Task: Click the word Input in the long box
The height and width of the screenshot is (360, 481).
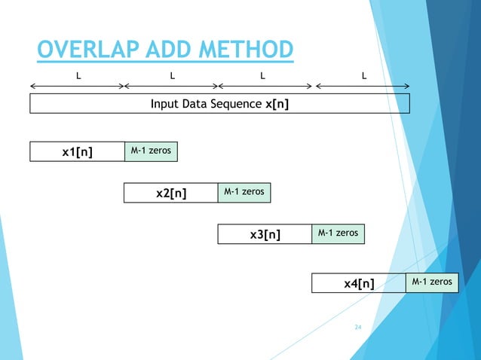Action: pyautogui.click(x=165, y=104)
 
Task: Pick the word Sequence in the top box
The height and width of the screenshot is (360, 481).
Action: pyautogui.click(x=239, y=104)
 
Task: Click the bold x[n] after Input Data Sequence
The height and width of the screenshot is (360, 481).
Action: pyautogui.click(x=277, y=104)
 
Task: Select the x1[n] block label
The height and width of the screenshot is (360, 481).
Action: pyautogui.click(x=77, y=152)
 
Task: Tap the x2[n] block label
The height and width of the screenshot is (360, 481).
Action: pyautogui.click(x=171, y=194)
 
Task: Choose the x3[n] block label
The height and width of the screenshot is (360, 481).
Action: pyautogui.click(x=265, y=235)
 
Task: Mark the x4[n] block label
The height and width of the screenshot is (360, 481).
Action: pyautogui.click(x=359, y=283)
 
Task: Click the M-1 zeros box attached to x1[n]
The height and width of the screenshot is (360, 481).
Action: pyautogui.click(x=151, y=151)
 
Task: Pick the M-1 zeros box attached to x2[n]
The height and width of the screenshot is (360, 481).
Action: pyautogui.click(x=244, y=193)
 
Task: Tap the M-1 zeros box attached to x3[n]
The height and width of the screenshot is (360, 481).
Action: pyautogui.click(x=338, y=234)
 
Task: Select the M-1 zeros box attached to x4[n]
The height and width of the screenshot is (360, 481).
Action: pyautogui.click(x=432, y=282)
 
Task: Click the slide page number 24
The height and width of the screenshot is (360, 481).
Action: pyautogui.click(x=358, y=328)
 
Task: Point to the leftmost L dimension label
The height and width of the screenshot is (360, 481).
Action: pyautogui.click(x=78, y=75)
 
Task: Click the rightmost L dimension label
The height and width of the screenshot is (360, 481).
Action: pyautogui.click(x=365, y=75)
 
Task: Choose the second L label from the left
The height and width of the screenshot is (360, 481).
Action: pyautogui.click(x=172, y=75)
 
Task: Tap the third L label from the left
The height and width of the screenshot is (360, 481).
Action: pyautogui.click(x=262, y=75)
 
